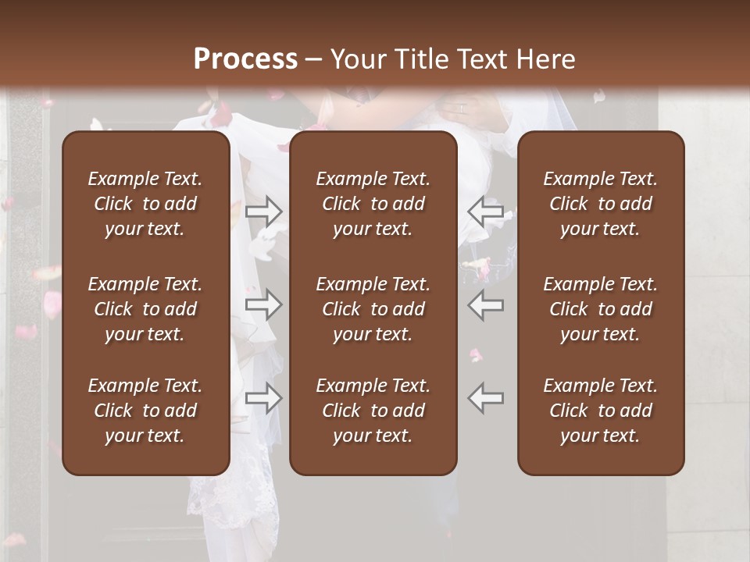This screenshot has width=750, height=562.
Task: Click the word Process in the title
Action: [245, 59]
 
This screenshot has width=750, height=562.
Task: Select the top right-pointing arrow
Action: [264, 210]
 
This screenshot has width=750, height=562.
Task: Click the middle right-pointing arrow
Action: [264, 304]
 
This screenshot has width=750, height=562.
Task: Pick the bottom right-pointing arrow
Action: [264, 398]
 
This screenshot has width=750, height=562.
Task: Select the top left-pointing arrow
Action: [486, 210]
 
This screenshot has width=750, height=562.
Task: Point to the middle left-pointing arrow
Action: [486, 304]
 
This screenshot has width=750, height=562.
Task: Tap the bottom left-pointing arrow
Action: [486, 398]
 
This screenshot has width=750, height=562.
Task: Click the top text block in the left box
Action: [145, 204]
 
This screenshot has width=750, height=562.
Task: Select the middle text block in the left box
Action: [145, 309]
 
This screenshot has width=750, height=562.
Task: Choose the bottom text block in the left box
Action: [145, 411]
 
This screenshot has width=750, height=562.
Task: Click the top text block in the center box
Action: [373, 204]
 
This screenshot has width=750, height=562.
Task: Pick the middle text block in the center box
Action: [373, 309]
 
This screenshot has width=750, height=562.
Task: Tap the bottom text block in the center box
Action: [373, 411]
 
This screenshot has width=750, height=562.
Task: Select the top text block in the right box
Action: [601, 204]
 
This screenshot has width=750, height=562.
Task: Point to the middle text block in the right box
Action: [601, 309]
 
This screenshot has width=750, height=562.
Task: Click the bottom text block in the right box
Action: [601, 411]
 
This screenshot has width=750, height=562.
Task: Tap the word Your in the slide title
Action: [357, 59]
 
